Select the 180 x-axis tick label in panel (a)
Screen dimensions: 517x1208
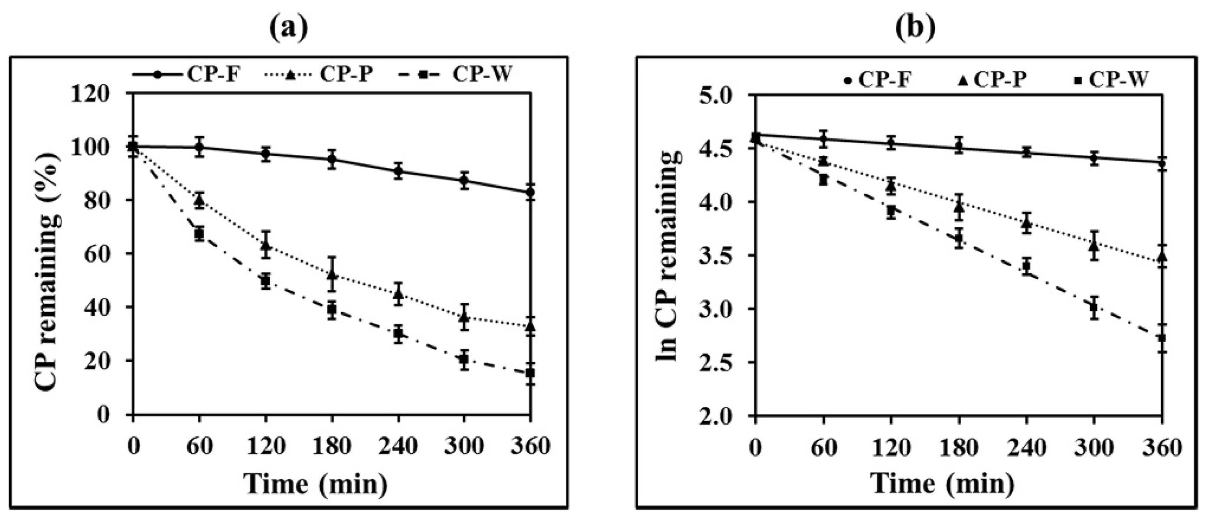point(332,446)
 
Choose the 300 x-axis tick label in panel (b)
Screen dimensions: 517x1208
point(1094,448)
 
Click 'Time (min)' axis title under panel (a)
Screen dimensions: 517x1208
point(317,484)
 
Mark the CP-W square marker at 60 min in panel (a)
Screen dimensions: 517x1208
point(199,233)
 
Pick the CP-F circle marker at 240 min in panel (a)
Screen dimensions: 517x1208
point(398,171)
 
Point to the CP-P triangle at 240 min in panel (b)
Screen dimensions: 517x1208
point(1026,224)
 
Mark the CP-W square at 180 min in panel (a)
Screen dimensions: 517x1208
point(332,309)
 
